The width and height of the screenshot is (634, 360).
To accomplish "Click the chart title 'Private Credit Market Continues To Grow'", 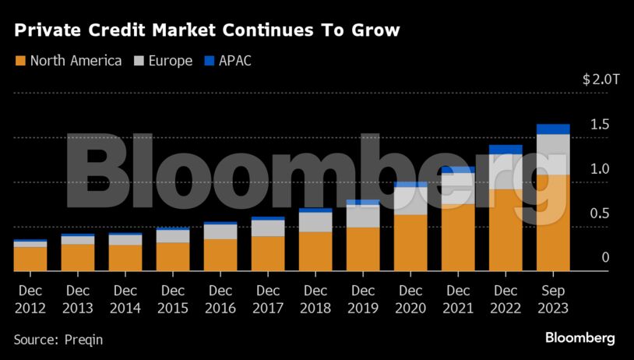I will point(206,31).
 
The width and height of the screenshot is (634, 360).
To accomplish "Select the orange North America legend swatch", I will point(20,61).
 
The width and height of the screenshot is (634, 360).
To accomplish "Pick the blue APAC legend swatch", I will point(209,61).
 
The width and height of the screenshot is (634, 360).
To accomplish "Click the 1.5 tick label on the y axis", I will point(599,125).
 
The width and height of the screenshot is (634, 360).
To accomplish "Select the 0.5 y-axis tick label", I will point(599,214).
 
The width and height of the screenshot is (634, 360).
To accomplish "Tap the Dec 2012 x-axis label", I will point(30,298).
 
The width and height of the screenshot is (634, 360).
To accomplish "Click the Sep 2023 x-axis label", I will point(553,298).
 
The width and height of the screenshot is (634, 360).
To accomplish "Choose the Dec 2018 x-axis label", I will point(315,298).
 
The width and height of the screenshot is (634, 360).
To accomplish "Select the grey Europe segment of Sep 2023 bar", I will point(553,154).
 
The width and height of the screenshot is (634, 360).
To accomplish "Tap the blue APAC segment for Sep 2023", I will point(553,129).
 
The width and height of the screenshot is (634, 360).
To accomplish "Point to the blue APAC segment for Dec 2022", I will point(505,150).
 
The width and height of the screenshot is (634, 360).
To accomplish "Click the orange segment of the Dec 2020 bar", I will point(410,242).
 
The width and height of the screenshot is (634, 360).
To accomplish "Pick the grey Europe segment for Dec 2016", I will point(220,231).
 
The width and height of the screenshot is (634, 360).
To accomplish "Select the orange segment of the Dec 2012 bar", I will point(30,259).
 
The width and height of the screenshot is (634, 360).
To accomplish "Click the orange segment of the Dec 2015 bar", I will point(173,256).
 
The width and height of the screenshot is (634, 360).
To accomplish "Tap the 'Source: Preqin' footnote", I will point(58,340).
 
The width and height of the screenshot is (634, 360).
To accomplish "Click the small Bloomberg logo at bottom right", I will point(579,338).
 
